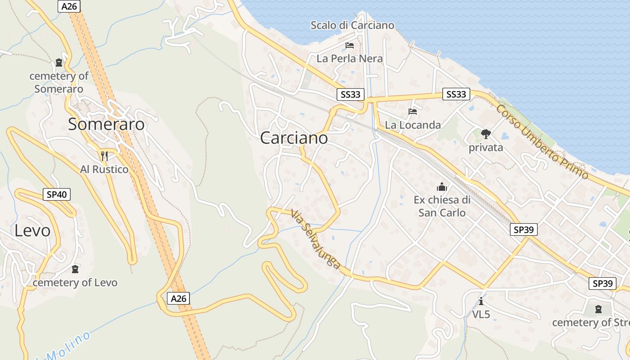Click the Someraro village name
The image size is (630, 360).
coord(106,124)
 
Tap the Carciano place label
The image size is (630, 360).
coord(294,138)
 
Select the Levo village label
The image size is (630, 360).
coord(32,230)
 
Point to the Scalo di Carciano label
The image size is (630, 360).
coord(352,25)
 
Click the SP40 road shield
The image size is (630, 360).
coord(57,194)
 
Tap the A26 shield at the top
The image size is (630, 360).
coord(69,6)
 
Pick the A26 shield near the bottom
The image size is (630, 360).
coord(179,298)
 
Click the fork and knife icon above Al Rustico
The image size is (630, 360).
coord(104,156)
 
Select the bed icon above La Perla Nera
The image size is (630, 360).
coord(350,45)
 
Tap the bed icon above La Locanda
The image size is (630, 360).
coord(413,112)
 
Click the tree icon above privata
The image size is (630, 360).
coord(486,134)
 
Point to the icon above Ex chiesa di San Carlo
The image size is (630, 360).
coord(442,186)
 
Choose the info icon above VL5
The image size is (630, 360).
coord(481,301)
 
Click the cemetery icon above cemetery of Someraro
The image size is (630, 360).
coord(59,63)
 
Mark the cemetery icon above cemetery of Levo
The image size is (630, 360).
coord(75,269)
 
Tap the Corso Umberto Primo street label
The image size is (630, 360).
coord(542,142)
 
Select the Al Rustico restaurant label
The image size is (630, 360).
coord(104,169)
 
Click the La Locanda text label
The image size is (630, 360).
coord(413,125)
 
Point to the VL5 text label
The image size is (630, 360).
coord(481,314)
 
